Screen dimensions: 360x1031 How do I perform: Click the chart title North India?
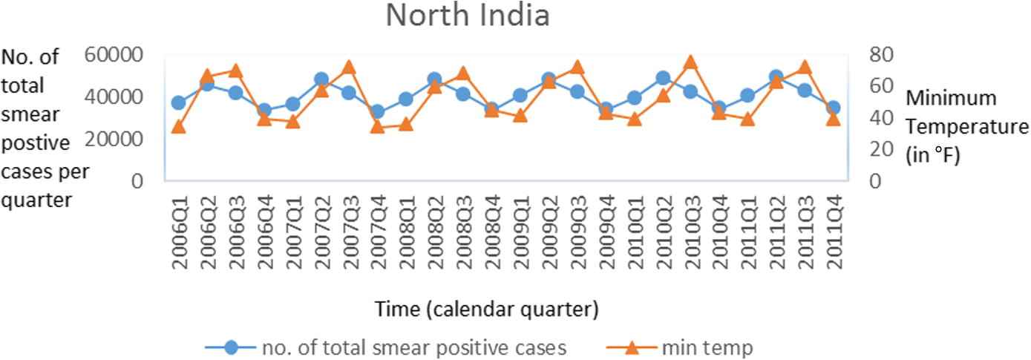coord(468,15)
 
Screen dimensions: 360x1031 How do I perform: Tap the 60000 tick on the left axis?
coord(114,55)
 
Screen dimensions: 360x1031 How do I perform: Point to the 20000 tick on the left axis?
coord(114,139)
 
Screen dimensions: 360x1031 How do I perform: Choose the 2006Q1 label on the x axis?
coord(179,232)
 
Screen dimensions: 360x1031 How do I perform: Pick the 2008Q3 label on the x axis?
coord(463,232)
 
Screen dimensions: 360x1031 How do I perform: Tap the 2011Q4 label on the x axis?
coord(833,232)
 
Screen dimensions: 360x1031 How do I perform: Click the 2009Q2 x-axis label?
coord(549,232)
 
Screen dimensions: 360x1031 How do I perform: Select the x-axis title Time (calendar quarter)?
coord(486,309)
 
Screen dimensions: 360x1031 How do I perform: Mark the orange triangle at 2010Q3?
coord(690,62)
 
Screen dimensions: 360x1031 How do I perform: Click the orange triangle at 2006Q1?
coord(179,126)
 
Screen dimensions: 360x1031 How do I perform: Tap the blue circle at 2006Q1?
coord(179,102)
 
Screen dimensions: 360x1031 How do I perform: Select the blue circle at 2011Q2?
coord(776,76)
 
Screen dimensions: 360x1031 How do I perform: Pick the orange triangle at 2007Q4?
coord(378,126)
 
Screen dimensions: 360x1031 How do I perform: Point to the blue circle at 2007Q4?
coord(378,112)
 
